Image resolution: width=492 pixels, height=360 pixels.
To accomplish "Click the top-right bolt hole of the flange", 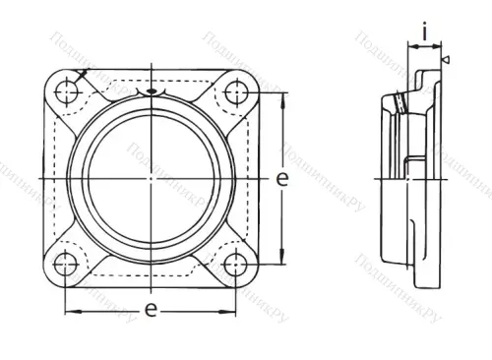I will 234,93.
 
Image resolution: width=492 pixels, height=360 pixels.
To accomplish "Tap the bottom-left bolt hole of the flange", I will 66,263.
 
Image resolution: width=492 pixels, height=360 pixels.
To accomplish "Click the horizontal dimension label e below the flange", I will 150,309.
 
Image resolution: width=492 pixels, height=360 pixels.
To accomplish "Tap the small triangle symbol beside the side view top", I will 446,62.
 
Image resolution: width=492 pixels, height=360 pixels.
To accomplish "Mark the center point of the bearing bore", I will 151,178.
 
